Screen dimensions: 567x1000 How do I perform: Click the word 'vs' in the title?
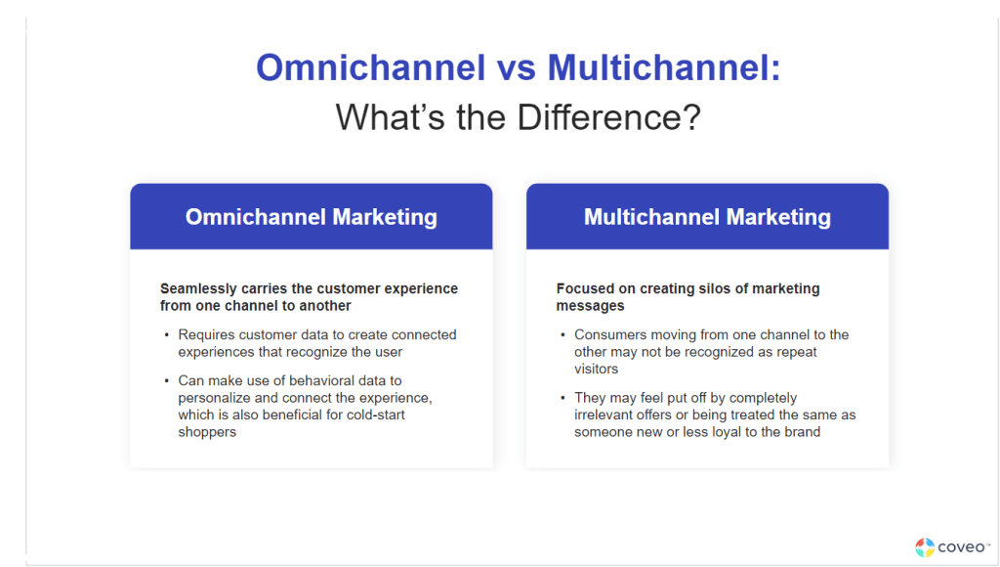[516, 68]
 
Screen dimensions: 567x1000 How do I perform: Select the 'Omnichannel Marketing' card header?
[311, 217]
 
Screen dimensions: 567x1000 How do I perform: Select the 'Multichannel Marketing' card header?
[707, 217]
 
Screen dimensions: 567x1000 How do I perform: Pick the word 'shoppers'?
[207, 432]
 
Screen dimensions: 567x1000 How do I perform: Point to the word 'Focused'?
[586, 289]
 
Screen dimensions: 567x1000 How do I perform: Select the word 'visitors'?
[598, 370]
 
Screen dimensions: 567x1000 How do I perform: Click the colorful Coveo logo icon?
[924, 547]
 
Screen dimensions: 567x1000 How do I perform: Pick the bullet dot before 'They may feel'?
[562, 398]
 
